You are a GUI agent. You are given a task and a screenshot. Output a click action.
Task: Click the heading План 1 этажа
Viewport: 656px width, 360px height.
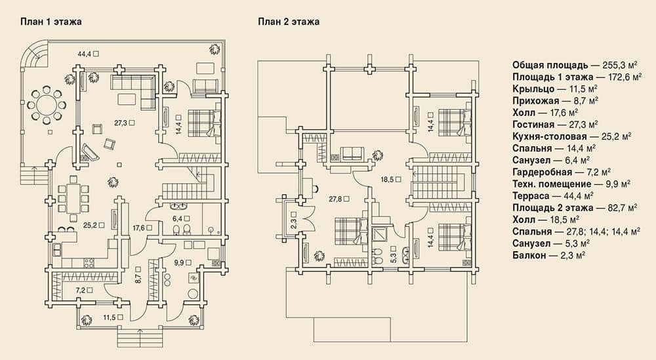[51, 22]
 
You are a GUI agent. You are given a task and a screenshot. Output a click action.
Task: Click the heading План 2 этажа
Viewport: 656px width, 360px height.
[289, 22]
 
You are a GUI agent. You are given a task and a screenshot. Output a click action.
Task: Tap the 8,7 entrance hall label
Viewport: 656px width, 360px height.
[138, 279]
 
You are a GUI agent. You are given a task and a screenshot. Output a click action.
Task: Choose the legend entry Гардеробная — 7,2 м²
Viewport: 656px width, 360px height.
[562, 172]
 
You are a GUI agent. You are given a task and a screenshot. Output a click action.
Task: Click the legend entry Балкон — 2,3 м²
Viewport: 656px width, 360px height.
[548, 255]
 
